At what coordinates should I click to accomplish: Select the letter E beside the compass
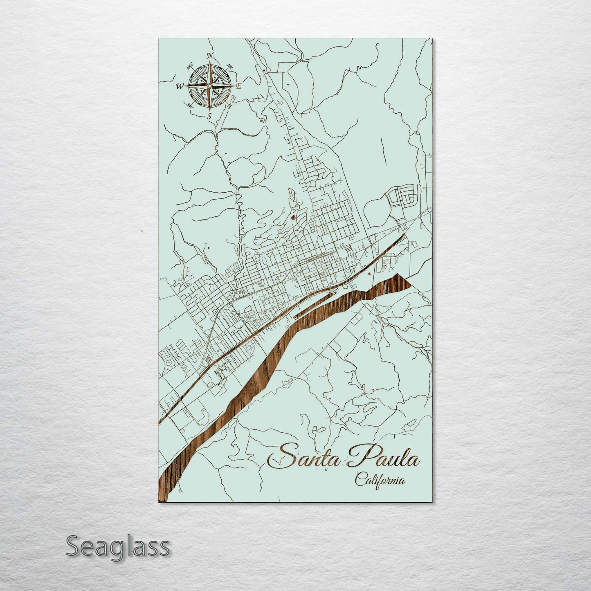[x=240, y=86]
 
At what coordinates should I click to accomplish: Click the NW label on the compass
[x=190, y=67]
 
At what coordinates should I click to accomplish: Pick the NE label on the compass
[x=230, y=67]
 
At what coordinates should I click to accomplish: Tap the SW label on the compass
[x=190, y=106]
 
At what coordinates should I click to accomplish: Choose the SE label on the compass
[x=229, y=106]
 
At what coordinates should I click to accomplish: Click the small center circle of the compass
[x=209, y=86]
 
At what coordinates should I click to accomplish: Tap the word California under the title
[x=380, y=480]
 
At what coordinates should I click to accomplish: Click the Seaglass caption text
[x=117, y=546]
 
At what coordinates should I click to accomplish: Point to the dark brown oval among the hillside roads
[x=293, y=217]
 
